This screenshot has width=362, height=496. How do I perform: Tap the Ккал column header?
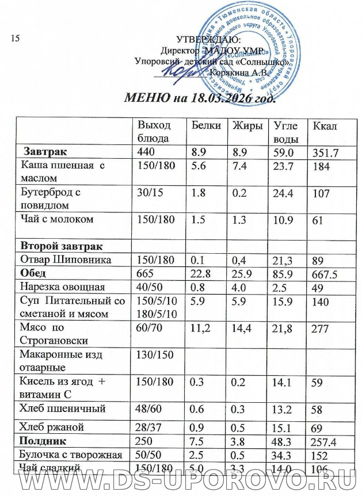point(322,126)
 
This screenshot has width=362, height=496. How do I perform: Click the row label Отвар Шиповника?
point(62,260)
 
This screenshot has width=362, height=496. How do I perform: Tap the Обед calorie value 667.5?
point(325,273)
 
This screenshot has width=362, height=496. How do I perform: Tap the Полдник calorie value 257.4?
point(325,442)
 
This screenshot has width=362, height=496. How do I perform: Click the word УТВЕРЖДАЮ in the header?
point(202,40)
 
